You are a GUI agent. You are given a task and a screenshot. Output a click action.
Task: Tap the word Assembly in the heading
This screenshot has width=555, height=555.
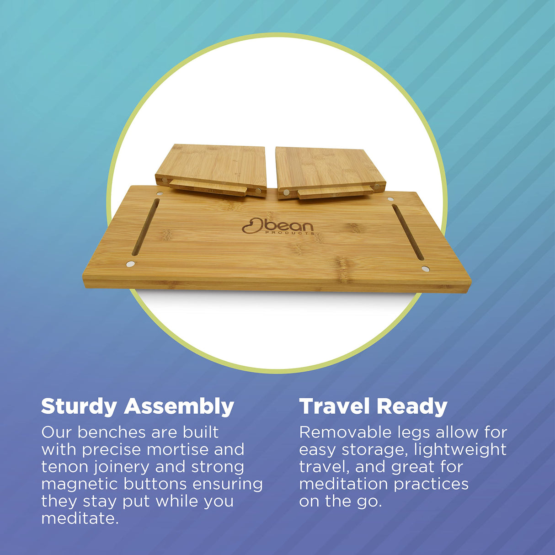click(179, 407)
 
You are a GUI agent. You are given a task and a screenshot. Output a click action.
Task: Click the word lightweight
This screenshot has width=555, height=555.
click(460, 450)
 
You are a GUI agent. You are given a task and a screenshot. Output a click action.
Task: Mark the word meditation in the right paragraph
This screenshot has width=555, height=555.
click(344, 484)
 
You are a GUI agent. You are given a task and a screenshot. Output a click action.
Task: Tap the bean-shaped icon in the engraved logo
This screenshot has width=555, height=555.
click(252, 225)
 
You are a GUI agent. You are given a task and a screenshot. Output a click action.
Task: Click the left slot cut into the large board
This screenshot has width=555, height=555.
click(146, 227)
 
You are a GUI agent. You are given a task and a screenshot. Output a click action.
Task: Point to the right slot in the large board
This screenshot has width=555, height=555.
click(408, 232)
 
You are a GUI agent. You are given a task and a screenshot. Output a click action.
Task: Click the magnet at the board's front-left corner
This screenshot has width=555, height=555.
click(131, 264)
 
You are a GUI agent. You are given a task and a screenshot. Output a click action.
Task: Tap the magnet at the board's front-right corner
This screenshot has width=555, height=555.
click(426, 268)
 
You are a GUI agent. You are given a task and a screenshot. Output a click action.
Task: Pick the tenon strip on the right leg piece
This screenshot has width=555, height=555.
click(335, 192)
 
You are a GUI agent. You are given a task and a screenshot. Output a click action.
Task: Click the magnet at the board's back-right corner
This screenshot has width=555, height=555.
click(390, 199)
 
